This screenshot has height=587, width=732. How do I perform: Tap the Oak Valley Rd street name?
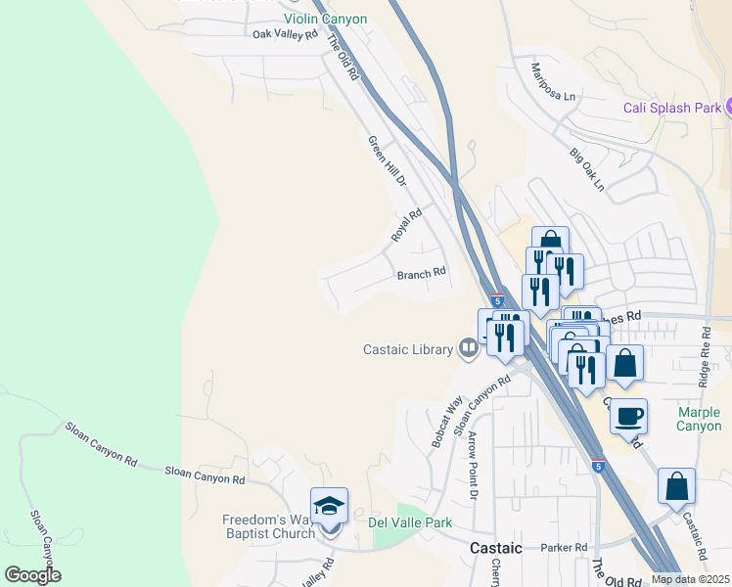coord(285,34)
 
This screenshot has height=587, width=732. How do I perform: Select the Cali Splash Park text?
coord(671,108)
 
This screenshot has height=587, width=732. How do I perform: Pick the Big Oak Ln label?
coord(588,169)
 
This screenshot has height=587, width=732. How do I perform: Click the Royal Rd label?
coord(406,225)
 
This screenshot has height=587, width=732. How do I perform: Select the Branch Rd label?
coord(422,274)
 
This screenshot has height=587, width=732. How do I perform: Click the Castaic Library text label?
coord(408,349)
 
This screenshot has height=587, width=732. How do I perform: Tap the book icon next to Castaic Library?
coord(469,349)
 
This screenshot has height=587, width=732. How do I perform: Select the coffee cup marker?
coord(629,415)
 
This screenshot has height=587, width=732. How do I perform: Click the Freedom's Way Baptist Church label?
coord(269,526)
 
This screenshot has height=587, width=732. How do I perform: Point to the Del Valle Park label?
coord(410,522)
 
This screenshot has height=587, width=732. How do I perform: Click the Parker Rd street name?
coord(567,547)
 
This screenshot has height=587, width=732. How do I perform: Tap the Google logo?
coord(33,575)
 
